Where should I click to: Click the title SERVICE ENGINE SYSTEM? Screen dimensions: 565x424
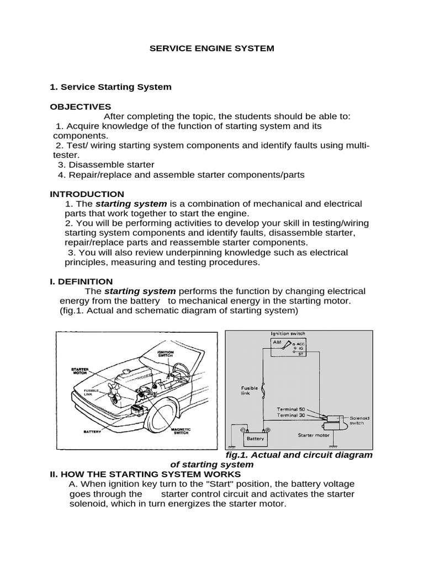tap(212, 49)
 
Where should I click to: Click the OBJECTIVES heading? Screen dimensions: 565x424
tap(81, 106)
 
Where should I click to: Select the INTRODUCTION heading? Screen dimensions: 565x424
tap(87, 194)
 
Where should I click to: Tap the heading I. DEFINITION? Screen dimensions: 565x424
tap(81, 281)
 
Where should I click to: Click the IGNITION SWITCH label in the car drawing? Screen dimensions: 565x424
tap(166, 353)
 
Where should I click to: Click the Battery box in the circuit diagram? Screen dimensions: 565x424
tap(255, 439)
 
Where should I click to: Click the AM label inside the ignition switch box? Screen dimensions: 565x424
tap(277, 342)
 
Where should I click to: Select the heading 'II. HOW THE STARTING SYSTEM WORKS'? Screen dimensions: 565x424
tap(145, 474)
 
